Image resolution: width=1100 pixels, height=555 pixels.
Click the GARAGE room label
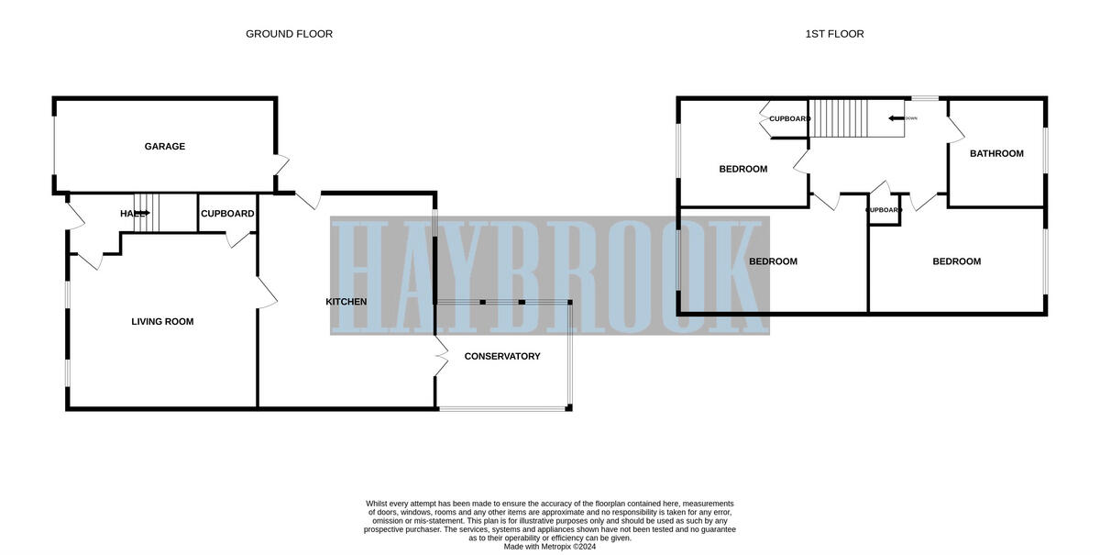pyautogui.click(x=165, y=147)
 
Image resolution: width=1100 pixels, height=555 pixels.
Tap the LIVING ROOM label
pyautogui.click(x=162, y=322)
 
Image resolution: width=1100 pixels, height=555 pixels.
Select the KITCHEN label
pyautogui.click(x=346, y=302)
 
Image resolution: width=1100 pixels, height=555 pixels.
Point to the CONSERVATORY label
pyautogui.click(x=502, y=356)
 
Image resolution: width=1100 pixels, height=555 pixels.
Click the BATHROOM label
pyautogui.click(x=996, y=154)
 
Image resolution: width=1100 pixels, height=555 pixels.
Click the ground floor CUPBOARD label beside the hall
pyautogui.click(x=227, y=214)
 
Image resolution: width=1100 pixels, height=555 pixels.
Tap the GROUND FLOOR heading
pyautogui.click(x=289, y=34)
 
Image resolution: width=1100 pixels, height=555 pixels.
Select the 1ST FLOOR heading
pyautogui.click(x=834, y=34)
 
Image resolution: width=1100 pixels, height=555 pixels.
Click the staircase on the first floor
pyautogui.click(x=839, y=118)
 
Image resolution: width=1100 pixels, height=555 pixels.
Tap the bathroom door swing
pyautogui.click(x=955, y=128)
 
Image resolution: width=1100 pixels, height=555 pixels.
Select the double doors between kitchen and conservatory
pyautogui.click(x=440, y=354)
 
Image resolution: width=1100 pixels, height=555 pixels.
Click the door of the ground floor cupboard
pyautogui.click(x=240, y=239)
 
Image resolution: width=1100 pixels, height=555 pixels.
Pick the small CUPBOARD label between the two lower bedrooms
pyautogui.click(x=884, y=210)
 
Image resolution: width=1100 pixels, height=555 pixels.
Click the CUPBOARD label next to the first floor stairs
pyautogui.click(x=789, y=119)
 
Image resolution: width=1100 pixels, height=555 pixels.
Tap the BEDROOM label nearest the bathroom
pyautogui.click(x=956, y=261)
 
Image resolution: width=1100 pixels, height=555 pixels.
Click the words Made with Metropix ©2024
pyautogui.click(x=549, y=547)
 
